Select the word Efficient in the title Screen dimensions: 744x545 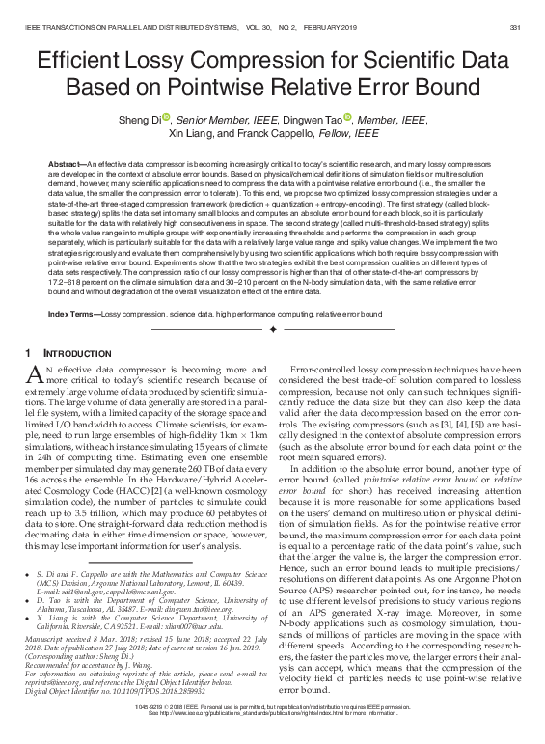[x=82, y=61]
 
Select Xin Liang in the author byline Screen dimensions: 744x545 [x=191, y=135]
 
